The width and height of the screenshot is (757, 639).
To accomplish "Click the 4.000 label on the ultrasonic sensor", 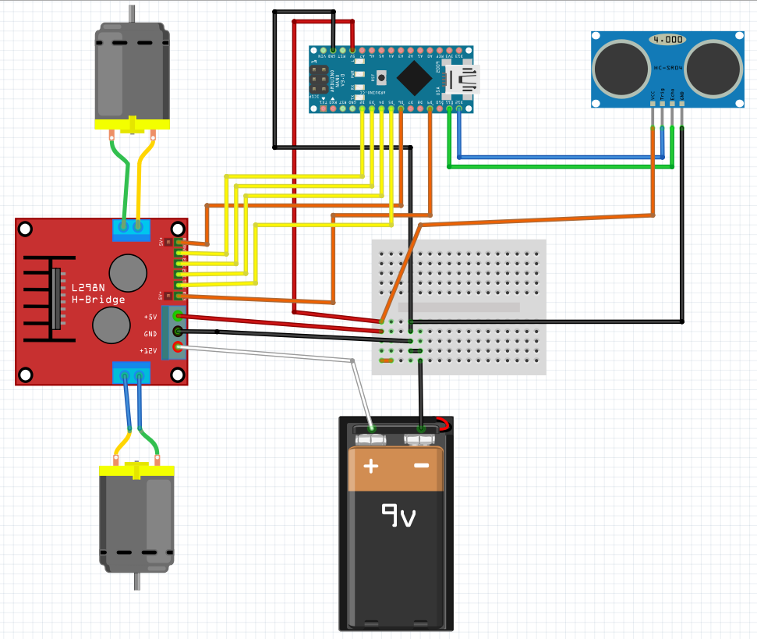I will (668, 39).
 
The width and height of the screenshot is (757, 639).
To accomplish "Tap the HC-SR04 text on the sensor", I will (668, 68).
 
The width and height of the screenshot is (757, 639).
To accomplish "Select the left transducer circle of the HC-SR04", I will (621, 66).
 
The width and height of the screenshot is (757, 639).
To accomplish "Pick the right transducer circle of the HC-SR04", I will (713, 66).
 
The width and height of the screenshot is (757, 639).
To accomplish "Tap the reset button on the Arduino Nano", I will (382, 77).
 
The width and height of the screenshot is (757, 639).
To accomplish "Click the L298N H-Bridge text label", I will (98, 293).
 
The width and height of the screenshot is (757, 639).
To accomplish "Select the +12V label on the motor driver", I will (148, 351).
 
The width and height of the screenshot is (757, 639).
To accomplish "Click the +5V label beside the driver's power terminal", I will (150, 317).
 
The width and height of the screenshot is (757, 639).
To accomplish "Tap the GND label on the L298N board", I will (150, 334).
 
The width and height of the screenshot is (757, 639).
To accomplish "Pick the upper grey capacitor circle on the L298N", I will (128, 272).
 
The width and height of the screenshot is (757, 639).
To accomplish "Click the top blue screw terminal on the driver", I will (131, 227).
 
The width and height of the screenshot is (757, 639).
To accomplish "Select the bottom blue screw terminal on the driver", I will (131, 375).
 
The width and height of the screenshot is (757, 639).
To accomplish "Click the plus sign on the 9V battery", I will (371, 467).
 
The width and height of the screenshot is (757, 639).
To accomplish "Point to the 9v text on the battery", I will (398, 515).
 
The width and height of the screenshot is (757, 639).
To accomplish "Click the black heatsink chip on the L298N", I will (56, 299).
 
